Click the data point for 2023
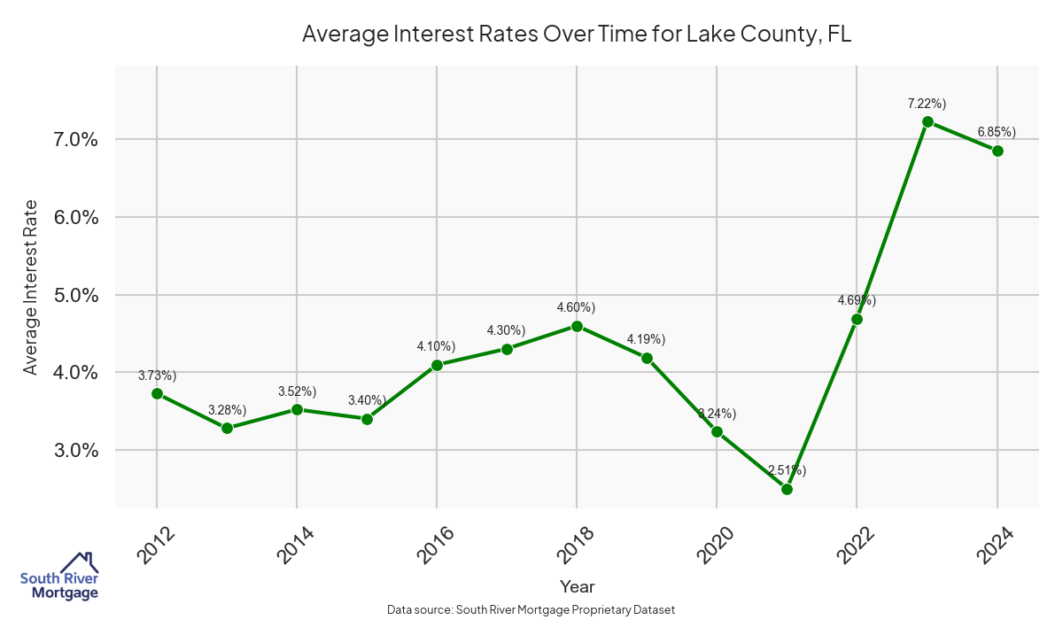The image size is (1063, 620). pyautogui.click(x=927, y=121)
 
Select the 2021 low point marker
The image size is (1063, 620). pyautogui.click(x=787, y=489)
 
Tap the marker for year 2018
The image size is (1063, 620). pyautogui.click(x=577, y=326)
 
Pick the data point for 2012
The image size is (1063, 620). pyautogui.click(x=157, y=393)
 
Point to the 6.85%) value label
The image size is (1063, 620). pyautogui.click(x=997, y=133)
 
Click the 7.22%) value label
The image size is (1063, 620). pyautogui.click(x=927, y=104)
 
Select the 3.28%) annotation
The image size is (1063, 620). pyautogui.click(x=227, y=409)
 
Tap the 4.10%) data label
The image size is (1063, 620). pyautogui.click(x=436, y=346)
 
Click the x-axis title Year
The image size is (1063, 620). pyautogui.click(x=577, y=586)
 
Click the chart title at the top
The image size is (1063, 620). pyautogui.click(x=577, y=34)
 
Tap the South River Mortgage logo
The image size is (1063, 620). pyautogui.click(x=59, y=577)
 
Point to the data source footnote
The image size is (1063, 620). pyautogui.click(x=531, y=609)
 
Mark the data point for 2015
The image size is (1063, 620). pyautogui.click(x=367, y=419)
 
